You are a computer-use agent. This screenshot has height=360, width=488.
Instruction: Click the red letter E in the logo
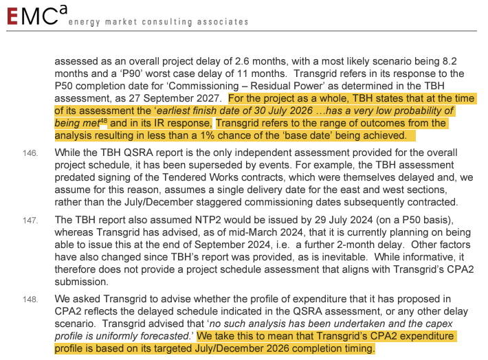coord(14,17)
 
